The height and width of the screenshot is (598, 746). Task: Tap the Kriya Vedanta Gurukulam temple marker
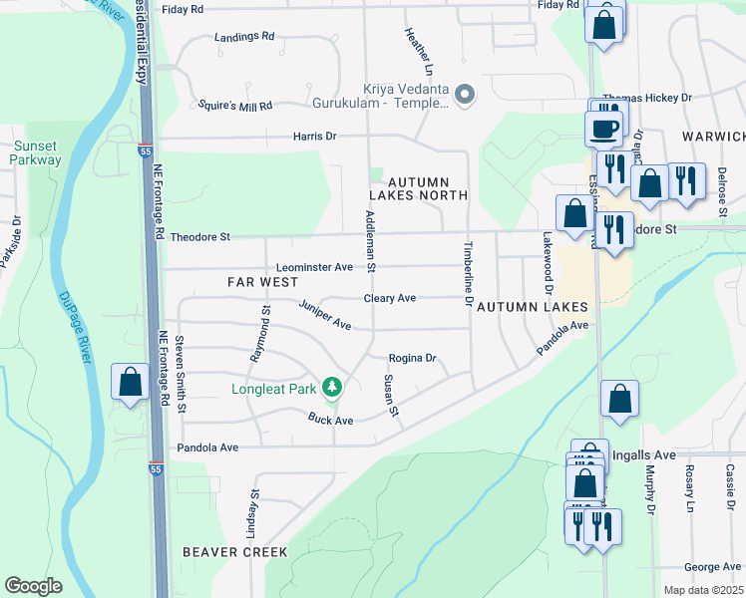tap(464, 96)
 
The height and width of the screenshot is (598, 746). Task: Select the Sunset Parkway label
tap(36, 152)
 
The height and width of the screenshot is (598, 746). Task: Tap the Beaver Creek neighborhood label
tap(235, 551)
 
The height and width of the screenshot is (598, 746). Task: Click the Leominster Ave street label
tap(314, 267)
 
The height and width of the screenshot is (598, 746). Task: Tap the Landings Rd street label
tap(244, 37)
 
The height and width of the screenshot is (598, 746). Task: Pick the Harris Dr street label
tap(315, 136)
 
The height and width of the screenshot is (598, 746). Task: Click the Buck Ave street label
tap(330, 421)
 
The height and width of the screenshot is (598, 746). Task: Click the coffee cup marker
tap(604, 129)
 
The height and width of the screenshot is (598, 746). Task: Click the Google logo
tap(34, 586)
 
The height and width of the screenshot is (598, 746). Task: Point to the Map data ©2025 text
tap(702, 590)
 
